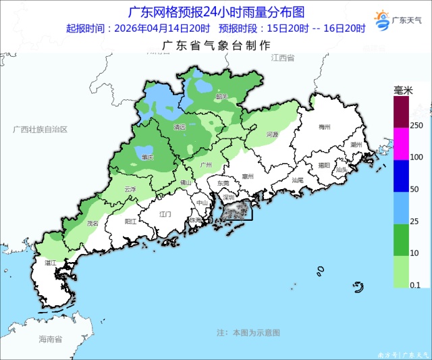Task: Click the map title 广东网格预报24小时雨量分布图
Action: click(x=216, y=12)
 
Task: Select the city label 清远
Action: click(x=180, y=126)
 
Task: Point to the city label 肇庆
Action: click(x=147, y=157)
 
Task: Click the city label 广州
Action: click(x=207, y=165)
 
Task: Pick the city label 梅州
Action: click(x=325, y=127)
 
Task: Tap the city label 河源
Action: click(x=272, y=134)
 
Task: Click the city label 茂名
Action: click(x=92, y=223)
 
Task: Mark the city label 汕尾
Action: click(x=298, y=180)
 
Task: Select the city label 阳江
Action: click(x=132, y=221)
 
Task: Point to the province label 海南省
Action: click(x=51, y=338)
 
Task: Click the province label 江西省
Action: click(x=283, y=59)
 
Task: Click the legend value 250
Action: click(x=416, y=126)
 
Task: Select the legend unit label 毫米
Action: click(x=403, y=89)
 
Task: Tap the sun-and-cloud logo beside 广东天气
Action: click(x=381, y=19)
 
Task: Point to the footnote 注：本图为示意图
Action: click(x=248, y=333)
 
